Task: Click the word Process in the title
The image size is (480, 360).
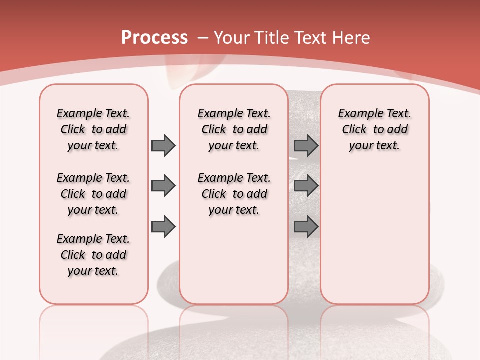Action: [x=154, y=38]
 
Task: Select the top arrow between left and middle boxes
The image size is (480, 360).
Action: [x=163, y=146]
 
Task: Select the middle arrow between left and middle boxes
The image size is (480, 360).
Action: [x=163, y=186]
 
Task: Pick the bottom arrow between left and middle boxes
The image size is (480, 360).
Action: [x=163, y=227]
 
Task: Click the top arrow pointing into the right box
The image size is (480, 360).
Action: [x=306, y=146]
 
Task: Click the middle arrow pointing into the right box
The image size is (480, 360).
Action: [x=306, y=186]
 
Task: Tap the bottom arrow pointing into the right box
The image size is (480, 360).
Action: [x=306, y=227]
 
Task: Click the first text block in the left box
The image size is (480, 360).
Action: [x=93, y=129]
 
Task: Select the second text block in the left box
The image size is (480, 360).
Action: [x=93, y=194]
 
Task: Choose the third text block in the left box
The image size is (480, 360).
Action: [x=93, y=255]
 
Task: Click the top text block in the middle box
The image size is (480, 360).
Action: [x=234, y=129]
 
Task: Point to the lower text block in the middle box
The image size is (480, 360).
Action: [x=234, y=194]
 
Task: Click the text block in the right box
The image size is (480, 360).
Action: [x=374, y=129]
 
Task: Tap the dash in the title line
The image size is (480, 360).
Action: [x=203, y=38]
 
